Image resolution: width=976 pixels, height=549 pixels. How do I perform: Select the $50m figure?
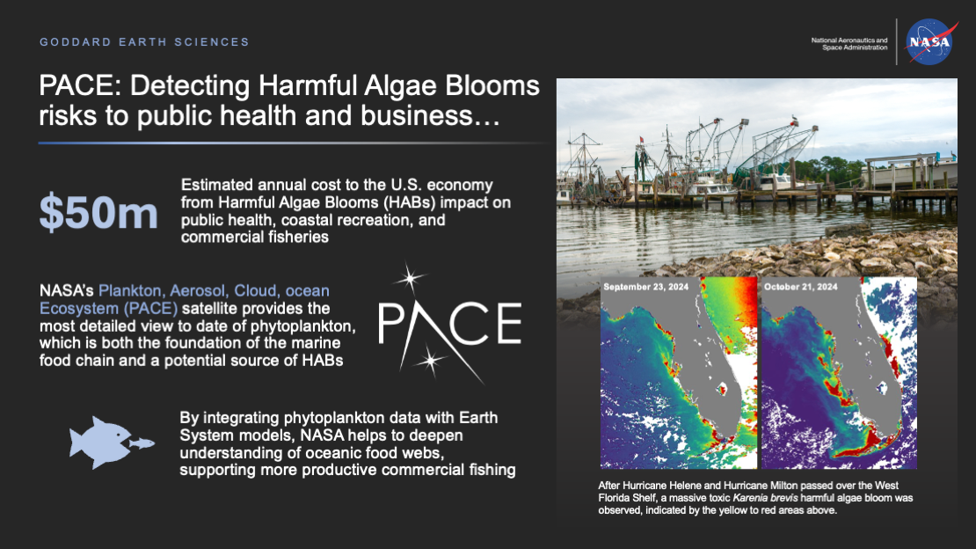(x=98, y=213)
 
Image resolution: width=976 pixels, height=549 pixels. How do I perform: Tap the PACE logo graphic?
(x=449, y=323)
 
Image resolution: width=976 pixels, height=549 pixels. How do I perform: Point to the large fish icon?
(x=98, y=442)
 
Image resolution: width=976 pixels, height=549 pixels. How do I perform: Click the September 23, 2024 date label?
(x=643, y=287)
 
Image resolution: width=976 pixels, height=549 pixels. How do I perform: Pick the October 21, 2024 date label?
(x=801, y=287)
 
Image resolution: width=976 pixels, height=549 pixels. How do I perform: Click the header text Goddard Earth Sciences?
(x=145, y=41)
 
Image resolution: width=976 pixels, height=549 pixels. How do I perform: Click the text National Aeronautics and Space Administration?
(x=849, y=43)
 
